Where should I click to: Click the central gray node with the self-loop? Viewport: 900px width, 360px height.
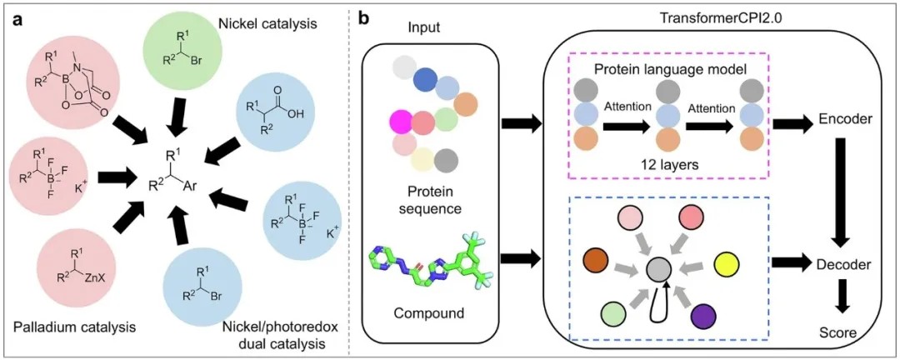660,269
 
